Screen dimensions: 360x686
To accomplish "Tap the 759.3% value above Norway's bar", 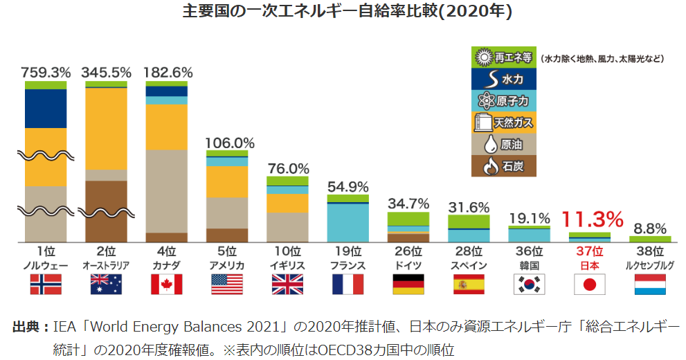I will tap(46, 72).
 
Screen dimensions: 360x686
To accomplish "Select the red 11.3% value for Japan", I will tap(592, 219).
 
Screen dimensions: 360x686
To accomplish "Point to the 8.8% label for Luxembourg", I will tap(649, 228).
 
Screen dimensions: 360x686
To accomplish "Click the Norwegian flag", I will tap(46, 284).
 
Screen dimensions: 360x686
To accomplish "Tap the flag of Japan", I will tap(590, 284).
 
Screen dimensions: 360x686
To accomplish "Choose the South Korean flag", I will tap(530, 284).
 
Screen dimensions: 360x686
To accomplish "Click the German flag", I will tap(408, 284).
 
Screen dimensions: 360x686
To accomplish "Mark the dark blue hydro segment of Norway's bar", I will tap(46, 108).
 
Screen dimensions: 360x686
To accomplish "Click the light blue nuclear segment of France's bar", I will tap(348, 223).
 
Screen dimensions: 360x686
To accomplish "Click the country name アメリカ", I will tap(226, 265).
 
